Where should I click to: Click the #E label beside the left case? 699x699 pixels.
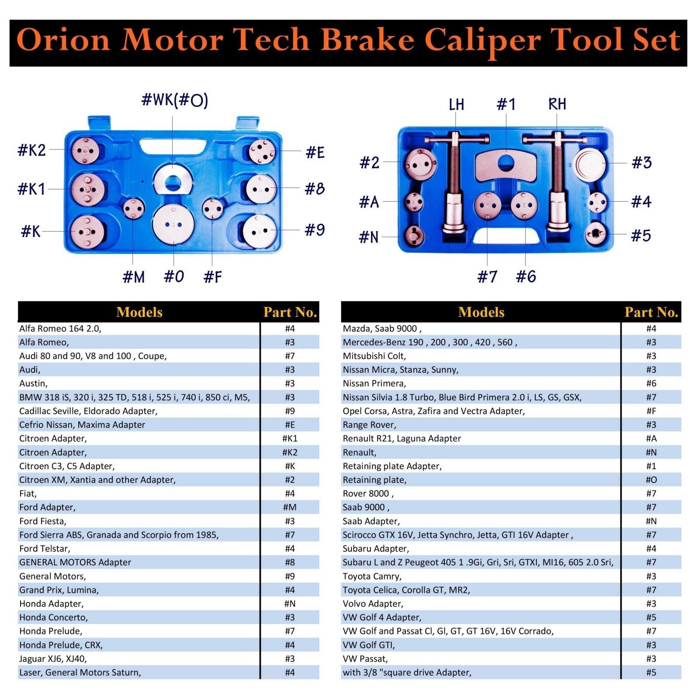315,152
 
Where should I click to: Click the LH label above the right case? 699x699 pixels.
457,104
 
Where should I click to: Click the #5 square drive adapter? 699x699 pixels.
596,234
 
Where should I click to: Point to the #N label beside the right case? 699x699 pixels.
368,237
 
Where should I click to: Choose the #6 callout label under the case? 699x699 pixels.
526,277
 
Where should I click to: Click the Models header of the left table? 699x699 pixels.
139,312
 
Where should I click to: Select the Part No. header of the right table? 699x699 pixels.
651,312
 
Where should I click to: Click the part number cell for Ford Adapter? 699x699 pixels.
290,507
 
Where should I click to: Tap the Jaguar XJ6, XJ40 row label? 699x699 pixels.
53,658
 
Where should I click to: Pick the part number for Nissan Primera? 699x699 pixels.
651,383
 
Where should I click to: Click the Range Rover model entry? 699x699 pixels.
369,425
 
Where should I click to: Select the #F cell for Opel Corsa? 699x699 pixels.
651,411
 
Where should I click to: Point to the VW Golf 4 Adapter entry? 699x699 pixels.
382,617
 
